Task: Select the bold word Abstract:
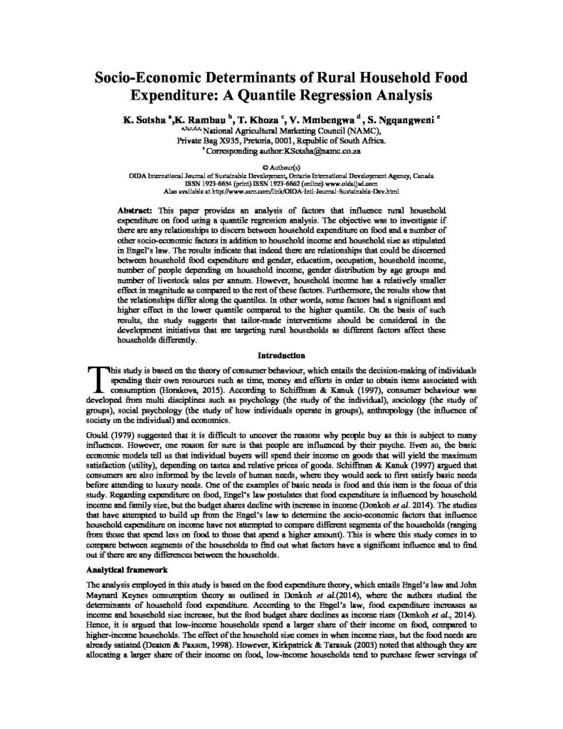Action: click(x=133, y=213)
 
